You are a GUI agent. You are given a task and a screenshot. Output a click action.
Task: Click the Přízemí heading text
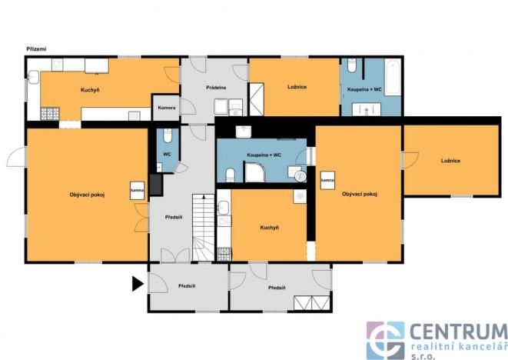click(36, 49)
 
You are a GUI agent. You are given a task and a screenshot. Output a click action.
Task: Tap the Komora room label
click(167, 108)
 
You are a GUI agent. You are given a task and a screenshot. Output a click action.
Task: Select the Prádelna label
click(215, 88)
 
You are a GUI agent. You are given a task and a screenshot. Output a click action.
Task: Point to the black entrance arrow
click(138, 284)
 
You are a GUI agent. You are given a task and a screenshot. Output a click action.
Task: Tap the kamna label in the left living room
click(138, 190)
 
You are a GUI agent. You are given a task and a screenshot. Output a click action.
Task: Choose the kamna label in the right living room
click(327, 180)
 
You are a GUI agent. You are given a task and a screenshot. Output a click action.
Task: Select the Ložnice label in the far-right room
click(450, 160)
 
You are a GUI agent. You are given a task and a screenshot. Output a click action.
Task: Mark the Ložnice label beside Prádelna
click(297, 87)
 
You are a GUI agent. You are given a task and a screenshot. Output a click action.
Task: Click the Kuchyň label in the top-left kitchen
click(91, 90)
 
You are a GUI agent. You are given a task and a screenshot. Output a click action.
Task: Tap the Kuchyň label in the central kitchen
click(269, 228)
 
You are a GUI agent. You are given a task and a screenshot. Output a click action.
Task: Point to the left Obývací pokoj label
click(87, 195)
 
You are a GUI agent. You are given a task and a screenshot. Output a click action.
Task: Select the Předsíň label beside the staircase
click(174, 217)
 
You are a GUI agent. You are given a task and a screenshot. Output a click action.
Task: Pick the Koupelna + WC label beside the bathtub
click(364, 90)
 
